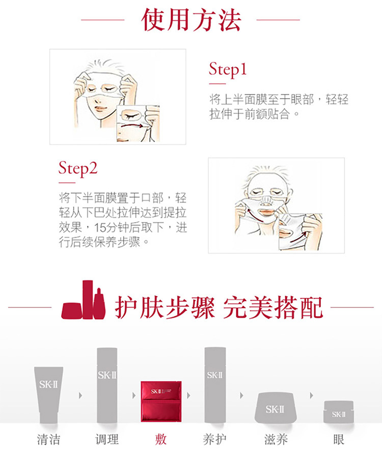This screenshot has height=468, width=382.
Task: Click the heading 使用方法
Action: coord(191,20)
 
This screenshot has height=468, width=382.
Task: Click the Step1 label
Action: coord(228,69)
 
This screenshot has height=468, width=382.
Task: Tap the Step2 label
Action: coord(78,169)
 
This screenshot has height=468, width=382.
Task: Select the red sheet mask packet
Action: coord(161,401)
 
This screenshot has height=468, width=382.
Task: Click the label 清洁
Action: coord(48,439)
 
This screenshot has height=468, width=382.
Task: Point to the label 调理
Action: coord(107,439)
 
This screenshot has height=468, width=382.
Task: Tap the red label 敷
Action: coord(161,439)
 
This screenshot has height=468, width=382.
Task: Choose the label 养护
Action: coord(215,439)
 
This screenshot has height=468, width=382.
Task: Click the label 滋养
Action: coord(276,439)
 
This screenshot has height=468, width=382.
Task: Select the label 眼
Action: coord(339,439)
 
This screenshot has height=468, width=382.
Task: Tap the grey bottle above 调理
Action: coord(107,385)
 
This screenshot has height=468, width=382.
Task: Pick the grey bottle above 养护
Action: coord(215,385)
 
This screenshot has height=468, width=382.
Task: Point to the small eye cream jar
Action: coord(339,412)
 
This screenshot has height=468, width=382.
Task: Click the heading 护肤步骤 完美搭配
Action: coord(219,307)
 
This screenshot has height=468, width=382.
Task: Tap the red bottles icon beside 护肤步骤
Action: coord(84,300)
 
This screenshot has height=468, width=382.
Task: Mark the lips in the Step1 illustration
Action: coord(100,109)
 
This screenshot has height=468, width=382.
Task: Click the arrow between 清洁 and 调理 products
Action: coord(80,396)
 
